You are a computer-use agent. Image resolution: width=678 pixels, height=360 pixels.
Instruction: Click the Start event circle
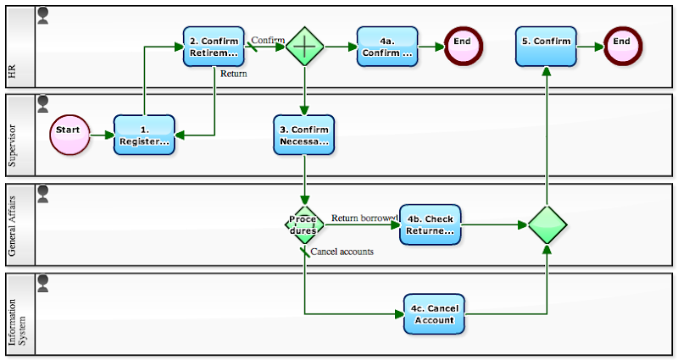click(x=70, y=135)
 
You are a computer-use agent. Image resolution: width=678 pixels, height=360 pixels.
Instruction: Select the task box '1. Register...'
click(x=144, y=135)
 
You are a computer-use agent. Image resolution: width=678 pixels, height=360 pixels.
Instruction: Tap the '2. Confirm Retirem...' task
click(x=214, y=47)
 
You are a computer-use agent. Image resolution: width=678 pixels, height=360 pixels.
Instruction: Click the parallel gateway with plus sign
click(x=304, y=47)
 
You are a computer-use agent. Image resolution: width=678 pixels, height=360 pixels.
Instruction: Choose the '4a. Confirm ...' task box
click(x=387, y=47)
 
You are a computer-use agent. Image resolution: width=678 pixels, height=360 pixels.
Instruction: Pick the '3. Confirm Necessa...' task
click(x=303, y=135)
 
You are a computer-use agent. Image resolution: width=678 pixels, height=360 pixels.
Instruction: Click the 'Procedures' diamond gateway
click(x=304, y=224)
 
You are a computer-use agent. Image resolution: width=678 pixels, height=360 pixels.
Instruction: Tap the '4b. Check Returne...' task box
click(x=431, y=224)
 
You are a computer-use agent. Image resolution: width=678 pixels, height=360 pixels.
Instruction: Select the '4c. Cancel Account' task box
click(x=435, y=314)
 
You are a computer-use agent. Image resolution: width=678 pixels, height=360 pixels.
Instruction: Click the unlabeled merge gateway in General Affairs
click(x=547, y=224)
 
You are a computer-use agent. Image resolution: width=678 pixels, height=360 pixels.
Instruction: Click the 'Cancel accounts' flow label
click(x=342, y=252)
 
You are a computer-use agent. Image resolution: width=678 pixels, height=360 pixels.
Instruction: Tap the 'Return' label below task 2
click(x=234, y=74)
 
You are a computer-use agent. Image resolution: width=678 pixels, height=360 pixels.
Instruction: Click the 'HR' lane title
click(x=12, y=75)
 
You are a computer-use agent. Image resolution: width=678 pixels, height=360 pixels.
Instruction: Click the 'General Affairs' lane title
click(x=12, y=224)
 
